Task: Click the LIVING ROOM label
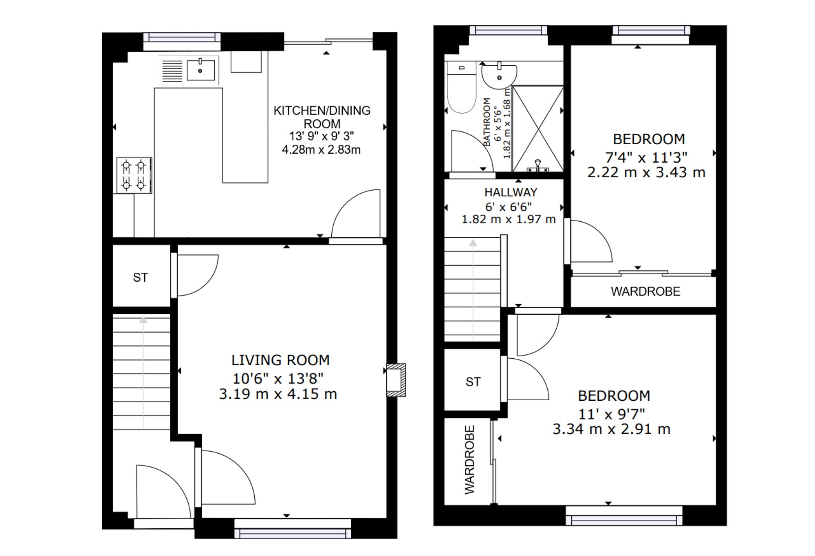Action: click(x=280, y=360)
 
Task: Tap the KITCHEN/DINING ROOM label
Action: click(x=322, y=117)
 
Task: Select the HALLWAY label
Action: click(x=511, y=192)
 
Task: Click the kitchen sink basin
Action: click(x=200, y=71)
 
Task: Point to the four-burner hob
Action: click(x=134, y=175)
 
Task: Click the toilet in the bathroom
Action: click(x=461, y=87)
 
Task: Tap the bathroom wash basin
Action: click(x=499, y=76)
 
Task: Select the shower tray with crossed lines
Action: click(x=538, y=128)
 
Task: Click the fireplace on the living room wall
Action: click(x=396, y=380)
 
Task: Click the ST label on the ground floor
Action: click(x=141, y=278)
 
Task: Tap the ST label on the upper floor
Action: click(x=473, y=382)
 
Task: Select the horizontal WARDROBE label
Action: click(x=645, y=291)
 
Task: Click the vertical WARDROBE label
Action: click(x=470, y=460)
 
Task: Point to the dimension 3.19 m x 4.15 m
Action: click(x=278, y=394)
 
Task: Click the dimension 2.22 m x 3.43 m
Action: click(x=646, y=172)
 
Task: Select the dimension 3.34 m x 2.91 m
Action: click(x=611, y=429)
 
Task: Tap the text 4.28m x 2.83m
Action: click(x=321, y=150)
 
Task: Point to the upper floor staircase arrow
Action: click(x=473, y=289)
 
